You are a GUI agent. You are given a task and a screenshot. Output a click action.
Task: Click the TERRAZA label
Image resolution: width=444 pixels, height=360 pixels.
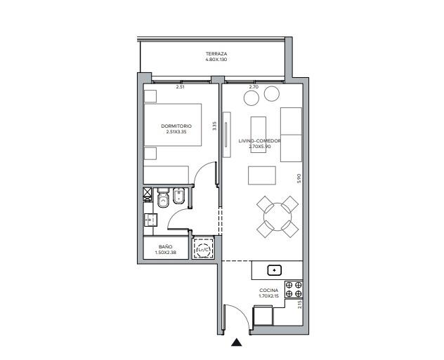tap(216, 54)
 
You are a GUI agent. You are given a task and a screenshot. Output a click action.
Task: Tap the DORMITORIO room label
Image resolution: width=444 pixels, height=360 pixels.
tap(176, 126)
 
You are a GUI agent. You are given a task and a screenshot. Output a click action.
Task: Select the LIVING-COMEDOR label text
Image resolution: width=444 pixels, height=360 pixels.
tap(259, 141)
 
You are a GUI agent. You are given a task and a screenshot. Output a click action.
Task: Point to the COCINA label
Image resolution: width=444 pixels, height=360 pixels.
tap(269, 291)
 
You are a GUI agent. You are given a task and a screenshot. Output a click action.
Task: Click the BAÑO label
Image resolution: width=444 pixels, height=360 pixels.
tap(165, 247)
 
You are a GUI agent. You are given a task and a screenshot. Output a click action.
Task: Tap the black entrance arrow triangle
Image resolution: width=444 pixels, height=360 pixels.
tap(236, 342)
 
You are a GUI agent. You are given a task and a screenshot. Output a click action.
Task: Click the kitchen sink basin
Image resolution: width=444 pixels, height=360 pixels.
tap(275, 270)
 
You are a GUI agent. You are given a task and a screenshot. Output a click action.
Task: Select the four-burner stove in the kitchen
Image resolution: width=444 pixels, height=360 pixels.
tap(294, 289)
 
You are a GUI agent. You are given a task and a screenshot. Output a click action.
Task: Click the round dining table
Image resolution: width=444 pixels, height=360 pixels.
tap(277, 217)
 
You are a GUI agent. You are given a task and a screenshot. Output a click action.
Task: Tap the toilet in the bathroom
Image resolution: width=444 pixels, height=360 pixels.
tap(163, 198)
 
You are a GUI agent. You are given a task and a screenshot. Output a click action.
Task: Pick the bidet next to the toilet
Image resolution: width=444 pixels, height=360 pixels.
tap(178, 196)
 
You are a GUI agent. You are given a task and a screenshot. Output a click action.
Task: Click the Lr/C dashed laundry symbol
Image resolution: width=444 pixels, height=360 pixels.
tap(203, 249)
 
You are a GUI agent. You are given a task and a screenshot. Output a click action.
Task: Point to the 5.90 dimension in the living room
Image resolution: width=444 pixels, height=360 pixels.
tap(299, 179)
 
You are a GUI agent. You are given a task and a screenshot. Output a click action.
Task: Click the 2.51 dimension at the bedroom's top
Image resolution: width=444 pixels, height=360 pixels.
tap(180, 87)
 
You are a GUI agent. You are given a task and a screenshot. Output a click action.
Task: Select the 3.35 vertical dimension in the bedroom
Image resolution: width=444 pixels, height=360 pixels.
tap(214, 126)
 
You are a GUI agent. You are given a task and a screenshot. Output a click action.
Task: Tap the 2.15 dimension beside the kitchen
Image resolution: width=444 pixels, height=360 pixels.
tap(299, 305)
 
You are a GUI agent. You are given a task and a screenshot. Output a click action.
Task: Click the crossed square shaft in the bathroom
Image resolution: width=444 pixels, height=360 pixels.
tap(148, 193)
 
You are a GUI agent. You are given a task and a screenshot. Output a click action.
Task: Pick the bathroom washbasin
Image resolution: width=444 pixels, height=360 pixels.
tap(150, 220)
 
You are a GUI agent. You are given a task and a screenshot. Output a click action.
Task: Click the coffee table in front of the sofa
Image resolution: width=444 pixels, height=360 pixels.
tap(262, 175)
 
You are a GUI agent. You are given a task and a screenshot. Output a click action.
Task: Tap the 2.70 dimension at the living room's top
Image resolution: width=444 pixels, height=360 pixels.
tap(254, 87)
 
